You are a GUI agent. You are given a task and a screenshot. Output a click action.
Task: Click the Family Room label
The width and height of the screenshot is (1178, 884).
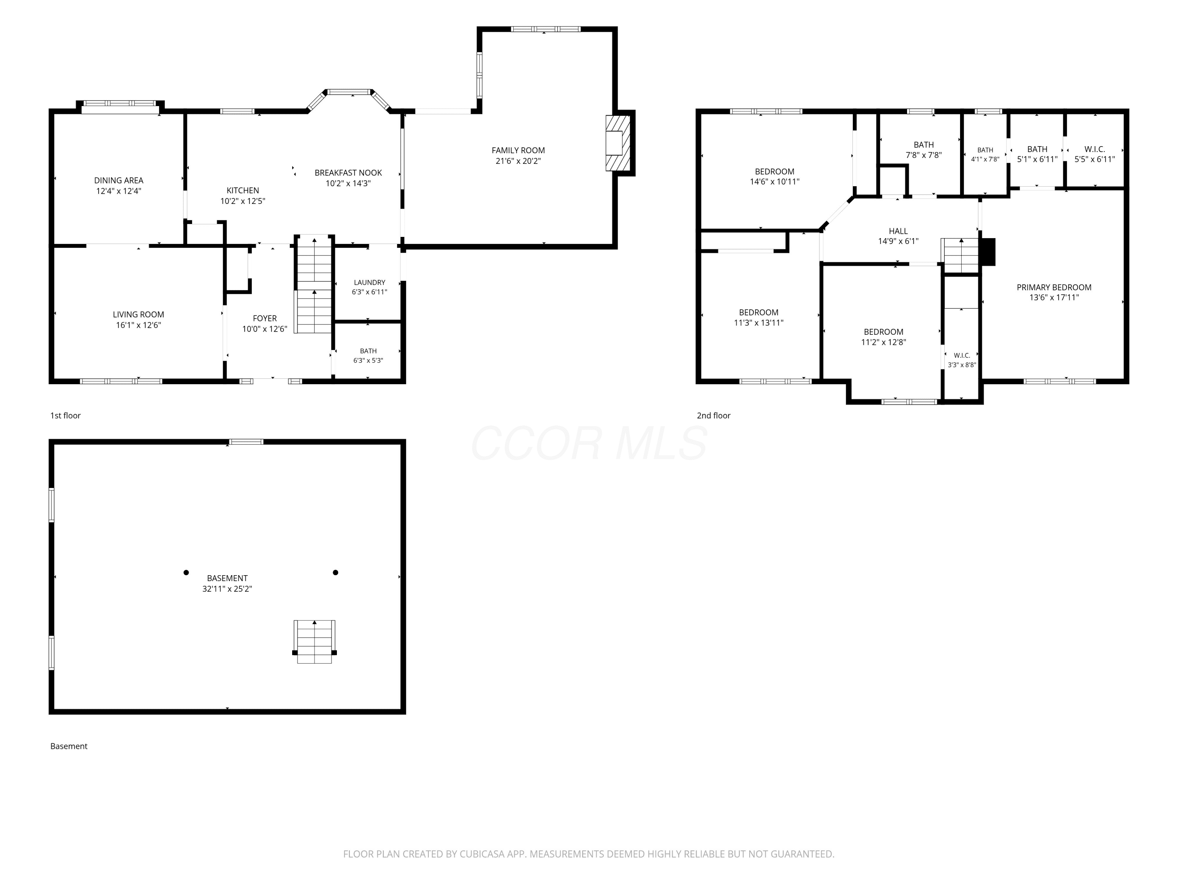518,150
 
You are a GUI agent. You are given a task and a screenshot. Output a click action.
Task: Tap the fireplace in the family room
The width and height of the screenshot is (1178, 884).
618,143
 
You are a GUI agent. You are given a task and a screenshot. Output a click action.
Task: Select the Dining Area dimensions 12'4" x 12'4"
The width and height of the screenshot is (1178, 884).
119,191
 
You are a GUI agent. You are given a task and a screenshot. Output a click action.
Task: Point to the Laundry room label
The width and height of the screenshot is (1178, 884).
369,282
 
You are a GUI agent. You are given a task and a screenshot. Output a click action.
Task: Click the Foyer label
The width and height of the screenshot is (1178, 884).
265,319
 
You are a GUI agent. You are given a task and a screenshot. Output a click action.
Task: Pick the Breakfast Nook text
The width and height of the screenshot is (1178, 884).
348,172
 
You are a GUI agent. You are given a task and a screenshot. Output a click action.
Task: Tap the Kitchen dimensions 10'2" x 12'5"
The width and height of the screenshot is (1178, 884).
243,201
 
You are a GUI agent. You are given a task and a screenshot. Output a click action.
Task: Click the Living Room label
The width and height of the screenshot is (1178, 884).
139,314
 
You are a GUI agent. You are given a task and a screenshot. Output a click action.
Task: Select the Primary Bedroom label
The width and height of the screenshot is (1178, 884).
1054,287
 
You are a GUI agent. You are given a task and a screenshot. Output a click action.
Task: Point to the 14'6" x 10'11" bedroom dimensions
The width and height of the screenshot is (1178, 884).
774,181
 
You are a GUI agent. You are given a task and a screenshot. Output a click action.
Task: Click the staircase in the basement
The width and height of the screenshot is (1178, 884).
315,642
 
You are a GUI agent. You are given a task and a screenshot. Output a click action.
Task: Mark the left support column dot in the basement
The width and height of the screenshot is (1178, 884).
186,572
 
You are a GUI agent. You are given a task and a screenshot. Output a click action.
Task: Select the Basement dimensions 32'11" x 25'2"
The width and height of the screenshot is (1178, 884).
227,589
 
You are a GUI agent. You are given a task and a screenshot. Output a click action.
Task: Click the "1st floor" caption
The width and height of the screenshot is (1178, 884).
66,416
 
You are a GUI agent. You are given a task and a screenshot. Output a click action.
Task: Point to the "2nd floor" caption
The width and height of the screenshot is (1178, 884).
713,416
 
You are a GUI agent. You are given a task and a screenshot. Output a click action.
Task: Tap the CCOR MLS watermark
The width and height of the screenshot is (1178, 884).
589,443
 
